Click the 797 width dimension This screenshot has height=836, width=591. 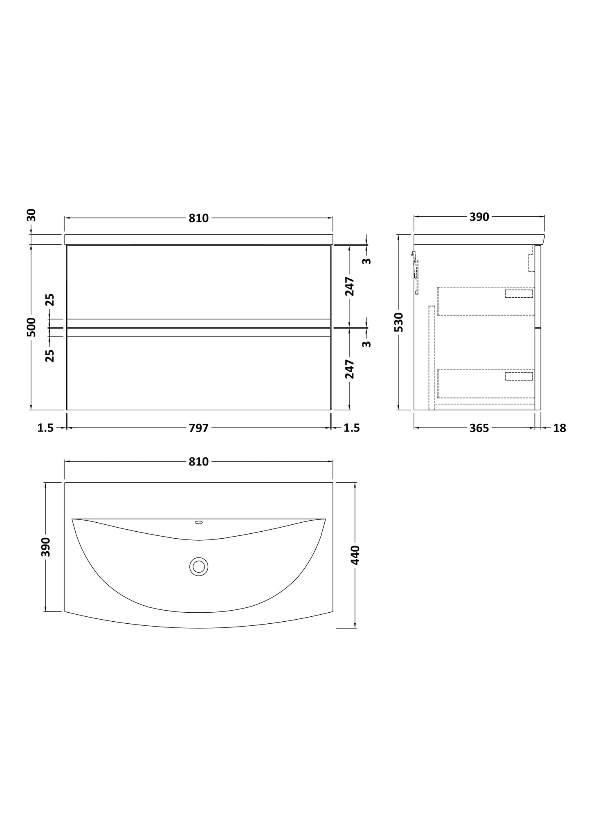[199, 428]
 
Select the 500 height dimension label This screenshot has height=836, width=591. [31, 327]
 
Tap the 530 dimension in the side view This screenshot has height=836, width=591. [399, 322]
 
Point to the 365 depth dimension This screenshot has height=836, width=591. [479, 428]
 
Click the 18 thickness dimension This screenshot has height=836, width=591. [560, 428]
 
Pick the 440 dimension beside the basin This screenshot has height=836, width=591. [355, 555]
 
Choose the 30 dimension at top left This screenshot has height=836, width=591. [31, 215]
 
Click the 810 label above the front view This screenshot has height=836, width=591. [199, 218]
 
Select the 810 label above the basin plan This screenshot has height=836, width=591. [199, 462]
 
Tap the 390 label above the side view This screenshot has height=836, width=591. [479, 217]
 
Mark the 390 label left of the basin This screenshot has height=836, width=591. [46, 547]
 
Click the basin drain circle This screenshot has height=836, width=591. [199, 567]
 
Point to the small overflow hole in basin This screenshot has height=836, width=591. [199, 522]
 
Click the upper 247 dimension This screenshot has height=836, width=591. [350, 286]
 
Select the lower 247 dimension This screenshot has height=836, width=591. [350, 369]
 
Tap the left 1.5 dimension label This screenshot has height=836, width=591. [45, 428]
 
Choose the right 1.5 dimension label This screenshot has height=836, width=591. [351, 428]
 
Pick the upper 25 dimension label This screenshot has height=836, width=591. [50, 300]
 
